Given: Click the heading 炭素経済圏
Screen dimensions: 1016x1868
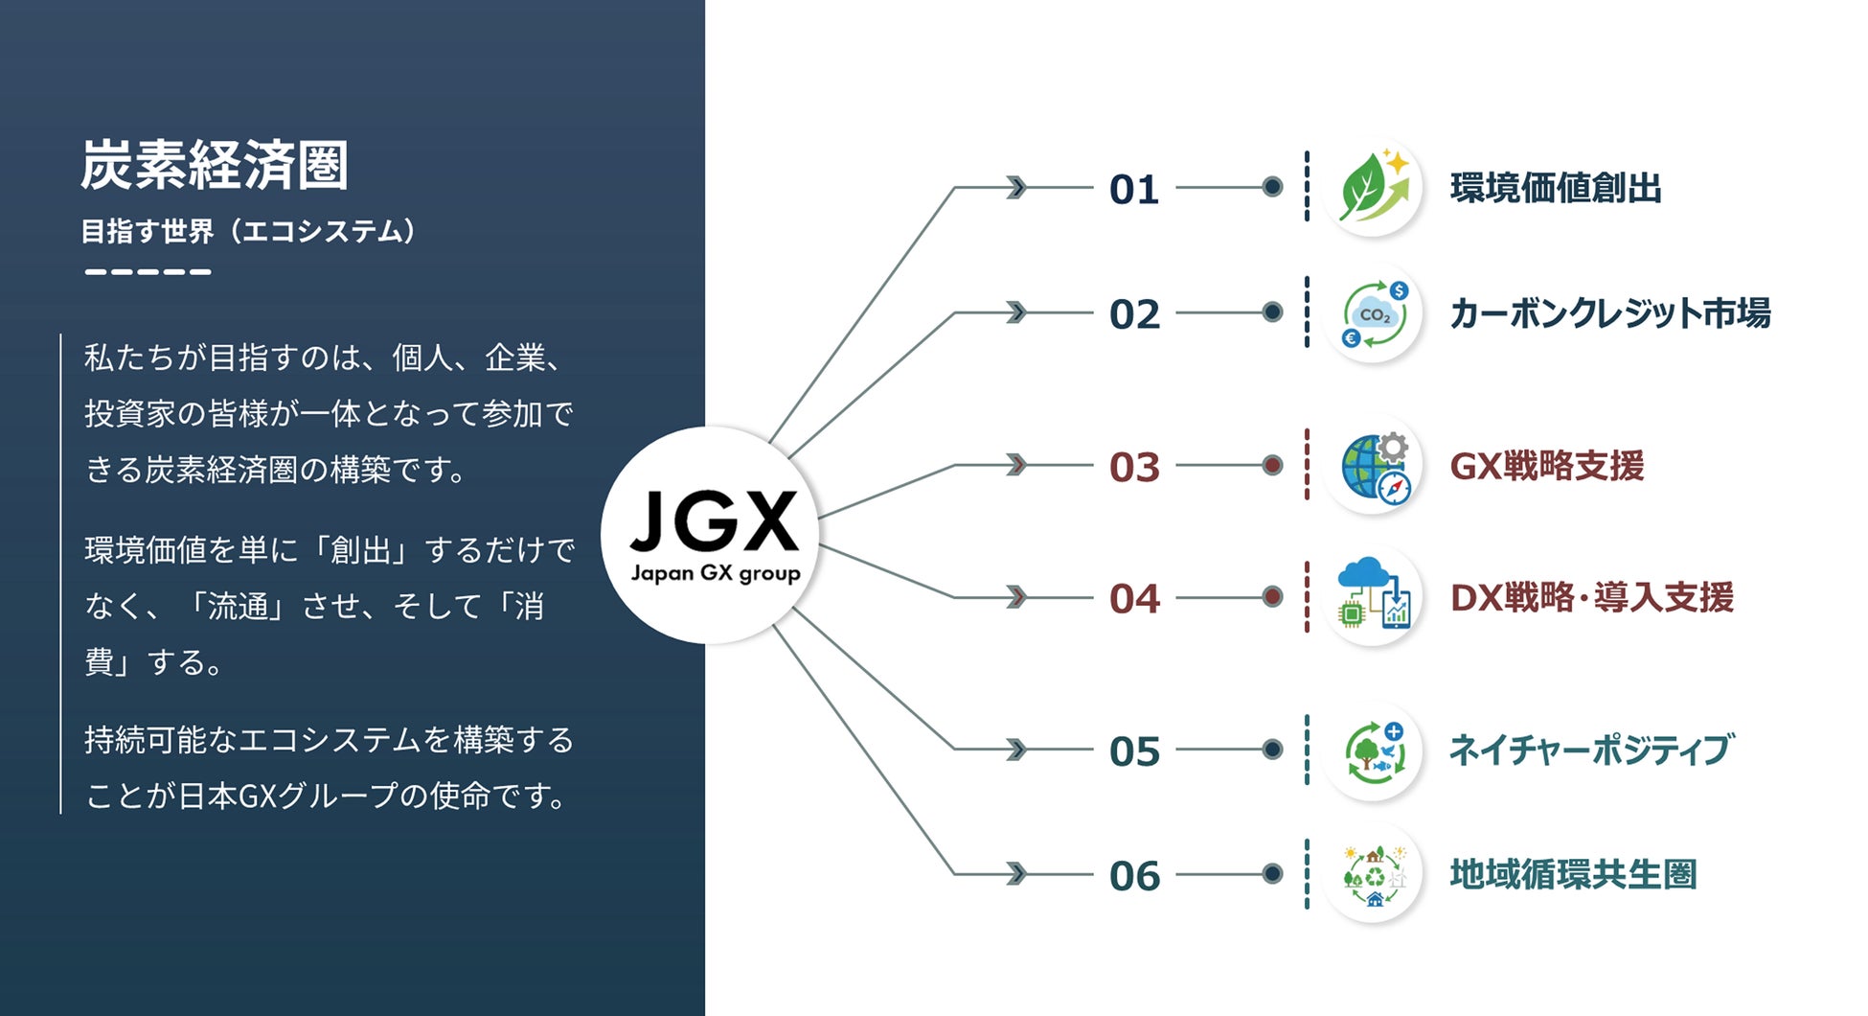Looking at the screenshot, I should [x=214, y=165].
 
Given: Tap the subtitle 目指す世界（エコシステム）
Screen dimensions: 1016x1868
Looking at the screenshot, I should [x=249, y=232].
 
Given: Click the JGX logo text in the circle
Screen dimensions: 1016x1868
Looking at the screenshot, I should [x=715, y=522].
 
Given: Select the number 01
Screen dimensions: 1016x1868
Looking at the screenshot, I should [x=1134, y=190].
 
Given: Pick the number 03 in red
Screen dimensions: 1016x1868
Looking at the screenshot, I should [x=1134, y=468].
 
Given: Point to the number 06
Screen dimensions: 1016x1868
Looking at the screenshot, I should [x=1134, y=876].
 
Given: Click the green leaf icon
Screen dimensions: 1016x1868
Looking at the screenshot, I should [x=1374, y=188].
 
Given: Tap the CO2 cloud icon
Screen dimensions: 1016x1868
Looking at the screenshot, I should [x=1374, y=313].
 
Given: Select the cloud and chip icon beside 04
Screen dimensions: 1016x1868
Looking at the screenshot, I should [x=1374, y=595].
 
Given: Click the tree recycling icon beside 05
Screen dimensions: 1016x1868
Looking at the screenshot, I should [x=1374, y=750].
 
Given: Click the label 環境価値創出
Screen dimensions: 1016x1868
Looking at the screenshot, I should [x=1556, y=188].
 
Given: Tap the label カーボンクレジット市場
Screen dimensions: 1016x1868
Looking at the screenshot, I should [x=1609, y=313].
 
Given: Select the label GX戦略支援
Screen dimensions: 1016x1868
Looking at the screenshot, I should [x=1547, y=467].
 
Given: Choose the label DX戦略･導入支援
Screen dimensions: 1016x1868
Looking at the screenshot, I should [x=1591, y=597].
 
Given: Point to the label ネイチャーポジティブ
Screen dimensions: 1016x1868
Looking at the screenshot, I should [x=1590, y=750].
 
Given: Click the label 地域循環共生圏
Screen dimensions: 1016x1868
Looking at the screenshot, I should [x=1573, y=874].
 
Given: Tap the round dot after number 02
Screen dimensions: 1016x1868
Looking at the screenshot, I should [x=1272, y=312].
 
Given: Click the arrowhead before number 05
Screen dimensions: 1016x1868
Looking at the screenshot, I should [x=1016, y=750].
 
